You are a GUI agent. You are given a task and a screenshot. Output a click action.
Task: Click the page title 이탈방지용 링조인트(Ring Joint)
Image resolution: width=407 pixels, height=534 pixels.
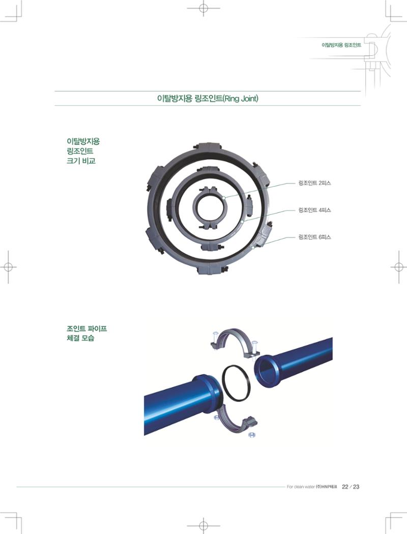[x=207, y=99]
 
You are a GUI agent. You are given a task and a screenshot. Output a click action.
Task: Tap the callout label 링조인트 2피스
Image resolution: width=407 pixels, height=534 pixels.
[x=314, y=183]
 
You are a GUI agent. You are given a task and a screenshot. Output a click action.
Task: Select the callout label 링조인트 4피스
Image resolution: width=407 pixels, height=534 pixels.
[x=314, y=210]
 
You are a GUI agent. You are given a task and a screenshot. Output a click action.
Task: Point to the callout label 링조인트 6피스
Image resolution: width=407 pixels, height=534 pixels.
[x=314, y=237]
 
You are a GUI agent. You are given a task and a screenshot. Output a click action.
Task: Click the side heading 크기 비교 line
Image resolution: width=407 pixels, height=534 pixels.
[x=81, y=161]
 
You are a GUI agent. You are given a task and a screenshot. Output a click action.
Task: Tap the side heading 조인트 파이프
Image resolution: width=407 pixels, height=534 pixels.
[x=86, y=329]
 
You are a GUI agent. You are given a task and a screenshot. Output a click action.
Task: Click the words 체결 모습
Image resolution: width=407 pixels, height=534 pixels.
[x=80, y=338]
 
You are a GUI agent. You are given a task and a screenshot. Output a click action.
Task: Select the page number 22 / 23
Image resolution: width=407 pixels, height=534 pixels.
[x=351, y=487]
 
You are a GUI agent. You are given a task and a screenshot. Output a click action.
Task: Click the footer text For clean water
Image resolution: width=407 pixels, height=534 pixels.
[x=301, y=487]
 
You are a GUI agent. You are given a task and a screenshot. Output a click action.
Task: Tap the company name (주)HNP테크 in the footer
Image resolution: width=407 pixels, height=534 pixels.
[x=327, y=487]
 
